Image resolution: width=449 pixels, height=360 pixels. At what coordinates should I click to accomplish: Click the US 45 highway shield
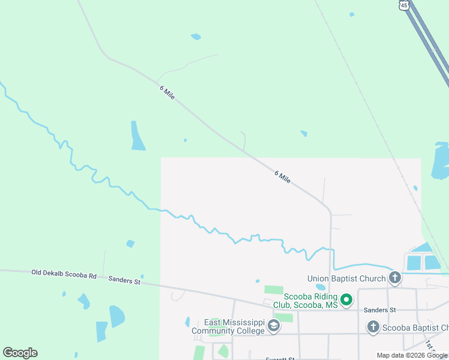403,5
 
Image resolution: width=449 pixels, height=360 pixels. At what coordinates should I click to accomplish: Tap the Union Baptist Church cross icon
394,278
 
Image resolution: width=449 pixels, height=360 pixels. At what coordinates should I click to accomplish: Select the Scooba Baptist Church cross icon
373,327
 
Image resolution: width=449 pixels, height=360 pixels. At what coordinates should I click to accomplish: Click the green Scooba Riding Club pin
346,299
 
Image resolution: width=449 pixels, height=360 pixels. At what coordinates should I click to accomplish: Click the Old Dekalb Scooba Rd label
64,274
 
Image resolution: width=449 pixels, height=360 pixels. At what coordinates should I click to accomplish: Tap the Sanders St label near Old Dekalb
124,280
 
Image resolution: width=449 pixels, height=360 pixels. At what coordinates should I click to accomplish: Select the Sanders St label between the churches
381,310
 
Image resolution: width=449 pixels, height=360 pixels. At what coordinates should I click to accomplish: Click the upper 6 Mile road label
167,92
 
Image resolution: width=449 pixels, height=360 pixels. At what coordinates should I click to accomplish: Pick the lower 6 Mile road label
283,176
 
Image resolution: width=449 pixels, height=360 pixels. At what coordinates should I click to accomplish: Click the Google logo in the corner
20,353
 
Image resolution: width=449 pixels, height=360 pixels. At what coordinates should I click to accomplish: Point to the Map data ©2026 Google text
412,355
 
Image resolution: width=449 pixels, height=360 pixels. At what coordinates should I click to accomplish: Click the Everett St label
280,359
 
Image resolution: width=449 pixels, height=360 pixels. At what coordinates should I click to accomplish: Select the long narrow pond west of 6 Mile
137,136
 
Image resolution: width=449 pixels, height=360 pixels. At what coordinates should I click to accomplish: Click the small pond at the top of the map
196,37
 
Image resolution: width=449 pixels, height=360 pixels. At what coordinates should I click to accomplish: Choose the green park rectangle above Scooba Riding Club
274,290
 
